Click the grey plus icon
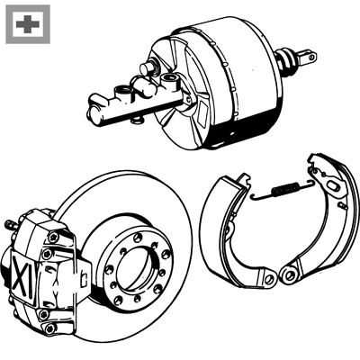pyautogui.click(x=28, y=24)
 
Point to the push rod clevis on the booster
pyautogui.click(x=308, y=57)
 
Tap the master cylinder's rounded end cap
pyautogui.click(x=94, y=115)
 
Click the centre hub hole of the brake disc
pyautogui.click(x=136, y=268)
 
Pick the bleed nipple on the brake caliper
pyautogui.click(x=10, y=224)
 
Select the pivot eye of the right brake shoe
pyautogui.click(x=289, y=274)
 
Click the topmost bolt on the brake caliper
pyautogui.click(x=53, y=237)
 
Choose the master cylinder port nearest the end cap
pyautogui.click(x=123, y=90)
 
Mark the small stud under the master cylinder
pyautogui.click(x=137, y=120)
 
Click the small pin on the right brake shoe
pyautogui.click(x=344, y=206)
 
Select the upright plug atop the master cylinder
pyautogui.click(x=148, y=68)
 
